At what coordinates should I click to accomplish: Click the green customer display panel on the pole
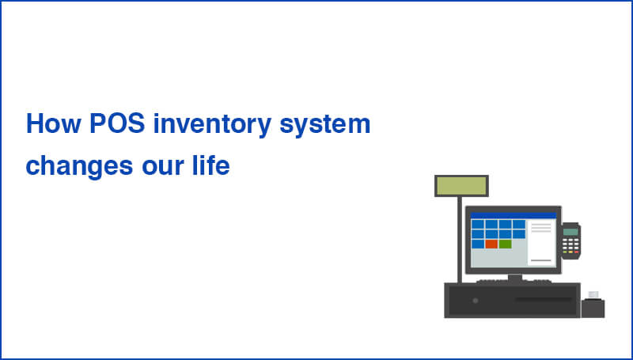[461, 186]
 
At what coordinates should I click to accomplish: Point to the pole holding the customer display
[460, 237]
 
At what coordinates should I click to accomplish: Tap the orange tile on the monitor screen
[491, 244]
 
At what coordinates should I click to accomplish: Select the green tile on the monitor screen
[505, 244]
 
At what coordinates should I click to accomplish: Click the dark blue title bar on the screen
[513, 215]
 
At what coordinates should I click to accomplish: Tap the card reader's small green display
[570, 232]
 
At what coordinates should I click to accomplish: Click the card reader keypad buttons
[570, 247]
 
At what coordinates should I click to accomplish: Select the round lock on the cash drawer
[475, 301]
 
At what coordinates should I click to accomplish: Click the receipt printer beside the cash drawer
[593, 308]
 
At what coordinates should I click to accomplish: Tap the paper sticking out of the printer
[593, 294]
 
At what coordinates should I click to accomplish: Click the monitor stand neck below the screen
[514, 278]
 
